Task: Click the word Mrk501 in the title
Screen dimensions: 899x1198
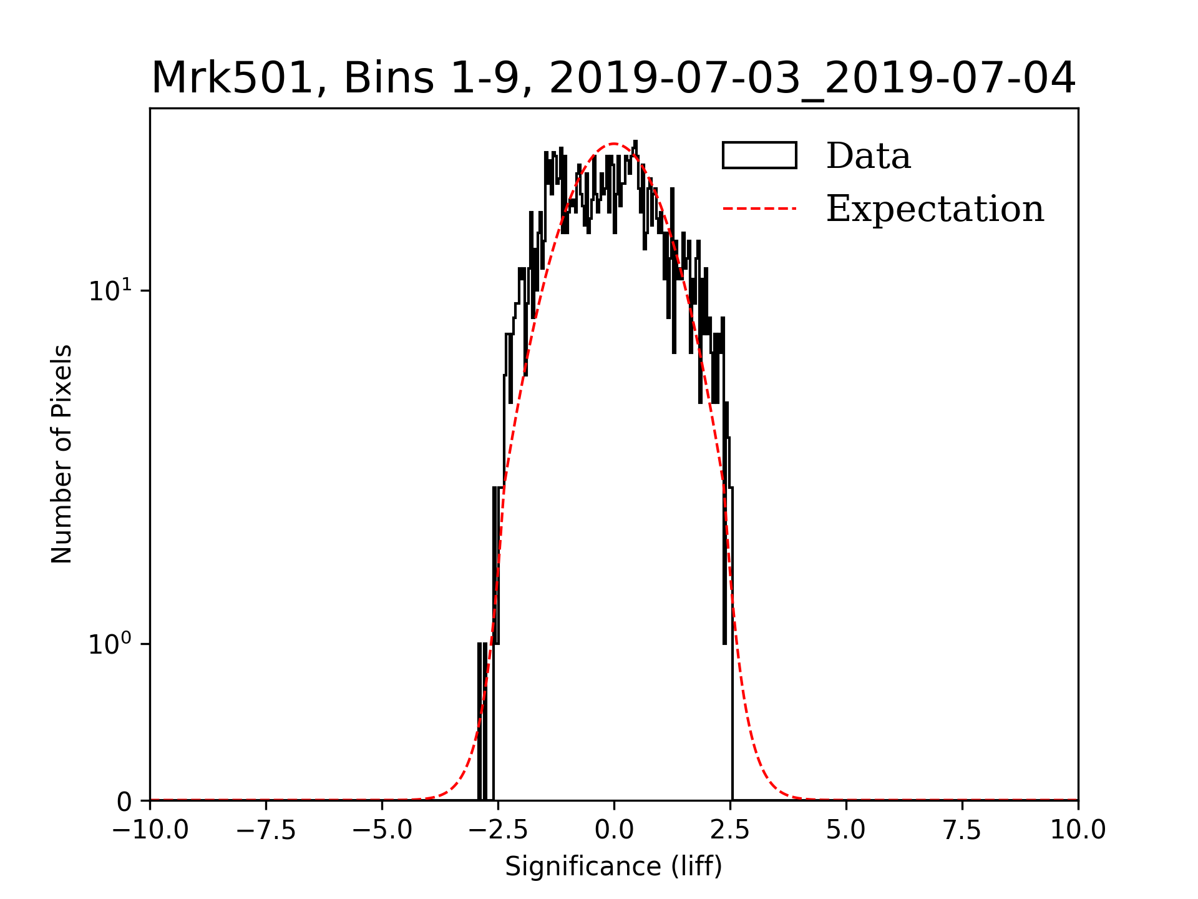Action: pos(231,79)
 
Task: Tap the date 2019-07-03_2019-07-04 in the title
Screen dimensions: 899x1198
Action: pos(812,79)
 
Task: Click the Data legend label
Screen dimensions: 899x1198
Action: pos(868,156)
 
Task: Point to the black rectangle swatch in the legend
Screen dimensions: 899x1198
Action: pos(759,155)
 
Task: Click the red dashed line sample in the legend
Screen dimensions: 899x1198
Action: pos(759,209)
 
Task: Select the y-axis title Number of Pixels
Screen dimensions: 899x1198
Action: pos(62,454)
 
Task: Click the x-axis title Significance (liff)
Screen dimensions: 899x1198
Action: pos(613,867)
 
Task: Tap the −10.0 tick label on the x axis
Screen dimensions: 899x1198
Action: pos(150,830)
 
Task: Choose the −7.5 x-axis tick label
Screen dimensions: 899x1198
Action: pos(266,830)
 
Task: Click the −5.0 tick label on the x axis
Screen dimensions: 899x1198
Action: pos(382,830)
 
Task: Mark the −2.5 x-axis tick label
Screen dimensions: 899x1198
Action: pos(498,830)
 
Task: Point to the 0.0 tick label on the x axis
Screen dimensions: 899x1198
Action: pos(614,830)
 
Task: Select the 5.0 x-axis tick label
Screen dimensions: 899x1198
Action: pos(846,830)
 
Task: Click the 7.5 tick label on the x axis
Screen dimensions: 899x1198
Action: pos(962,830)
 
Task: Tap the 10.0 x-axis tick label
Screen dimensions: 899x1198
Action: pos(1078,830)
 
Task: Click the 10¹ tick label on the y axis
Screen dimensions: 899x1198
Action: pos(110,291)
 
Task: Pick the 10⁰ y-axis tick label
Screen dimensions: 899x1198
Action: pos(110,644)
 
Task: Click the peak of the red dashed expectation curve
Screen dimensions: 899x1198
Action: pos(614,144)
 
